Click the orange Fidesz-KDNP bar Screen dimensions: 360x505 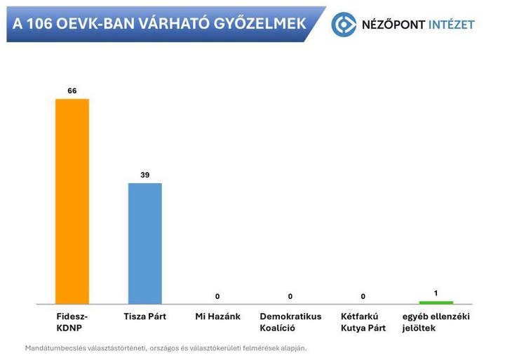[72, 201]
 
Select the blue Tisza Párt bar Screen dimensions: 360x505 [145, 243]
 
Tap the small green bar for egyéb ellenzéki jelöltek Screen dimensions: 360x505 [436, 302]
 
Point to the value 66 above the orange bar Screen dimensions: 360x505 [72, 91]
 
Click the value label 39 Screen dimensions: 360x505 [145, 175]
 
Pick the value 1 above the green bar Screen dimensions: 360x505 [436, 292]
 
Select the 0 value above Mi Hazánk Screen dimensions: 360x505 [217, 296]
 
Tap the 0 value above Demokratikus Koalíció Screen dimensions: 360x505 [290, 296]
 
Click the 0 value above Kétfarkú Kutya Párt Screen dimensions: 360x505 [363, 296]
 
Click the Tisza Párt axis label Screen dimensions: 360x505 [144, 316]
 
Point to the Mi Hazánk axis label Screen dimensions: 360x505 [217, 316]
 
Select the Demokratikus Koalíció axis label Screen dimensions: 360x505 [290, 322]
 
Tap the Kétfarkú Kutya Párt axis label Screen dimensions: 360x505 [363, 322]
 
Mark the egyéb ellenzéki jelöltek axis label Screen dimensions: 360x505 [436, 322]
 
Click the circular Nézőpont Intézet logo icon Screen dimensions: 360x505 [344, 25]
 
